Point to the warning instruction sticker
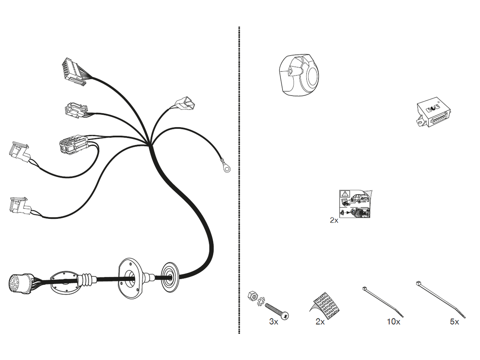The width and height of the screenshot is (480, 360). (x=355, y=204)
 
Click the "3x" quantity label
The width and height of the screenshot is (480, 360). (x=274, y=322)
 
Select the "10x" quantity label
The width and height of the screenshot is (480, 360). (x=393, y=322)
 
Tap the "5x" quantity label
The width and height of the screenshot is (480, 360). (x=454, y=322)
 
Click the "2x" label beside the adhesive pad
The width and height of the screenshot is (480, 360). (x=320, y=322)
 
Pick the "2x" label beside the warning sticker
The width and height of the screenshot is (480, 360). (x=334, y=220)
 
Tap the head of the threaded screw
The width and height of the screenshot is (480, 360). (x=285, y=316)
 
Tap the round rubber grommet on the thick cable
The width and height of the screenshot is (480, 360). (x=170, y=276)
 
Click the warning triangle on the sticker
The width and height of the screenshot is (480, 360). (x=344, y=195)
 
